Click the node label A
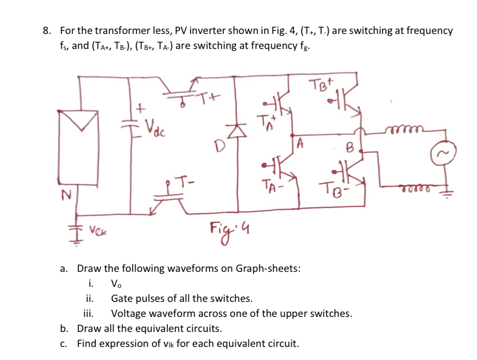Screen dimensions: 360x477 click(300, 143)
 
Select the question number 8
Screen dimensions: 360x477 click(46, 31)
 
